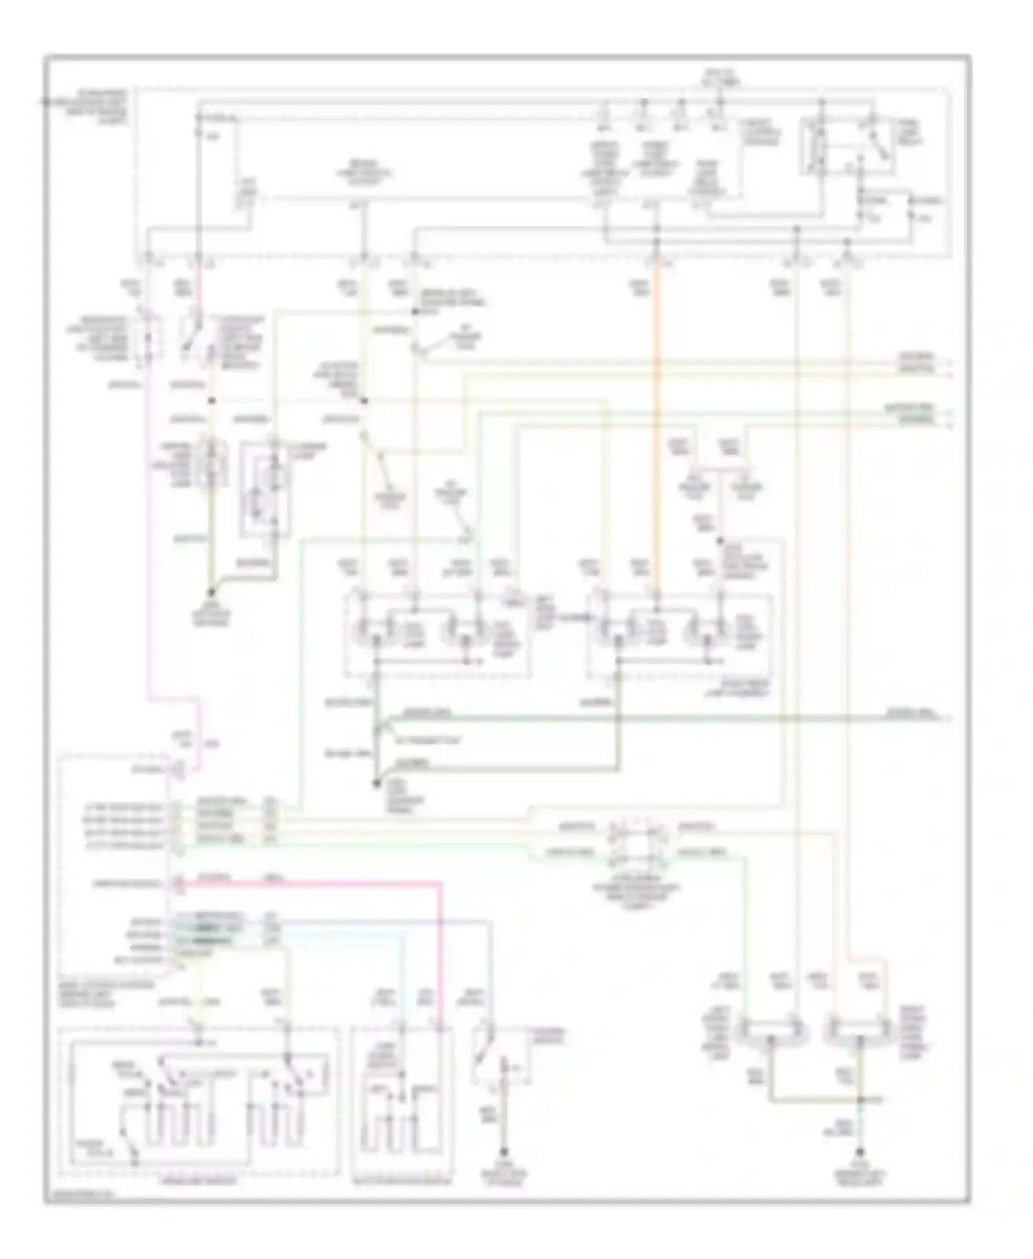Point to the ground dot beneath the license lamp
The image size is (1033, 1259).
click(x=212, y=592)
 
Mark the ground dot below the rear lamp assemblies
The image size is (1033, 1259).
click(x=376, y=783)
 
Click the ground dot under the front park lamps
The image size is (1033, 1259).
click(x=860, y=1153)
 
